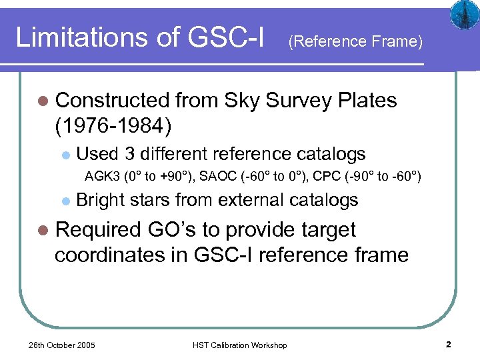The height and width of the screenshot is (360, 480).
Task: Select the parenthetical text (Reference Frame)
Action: click(355, 42)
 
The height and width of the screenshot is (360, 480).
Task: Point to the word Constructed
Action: click(113, 101)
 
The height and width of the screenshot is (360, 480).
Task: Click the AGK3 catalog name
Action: click(101, 177)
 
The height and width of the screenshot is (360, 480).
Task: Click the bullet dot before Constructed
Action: click(44, 101)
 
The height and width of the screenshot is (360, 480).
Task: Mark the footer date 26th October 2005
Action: click(61, 345)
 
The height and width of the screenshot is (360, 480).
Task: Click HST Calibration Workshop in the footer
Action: click(239, 345)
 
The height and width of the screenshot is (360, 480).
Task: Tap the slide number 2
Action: click(449, 345)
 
